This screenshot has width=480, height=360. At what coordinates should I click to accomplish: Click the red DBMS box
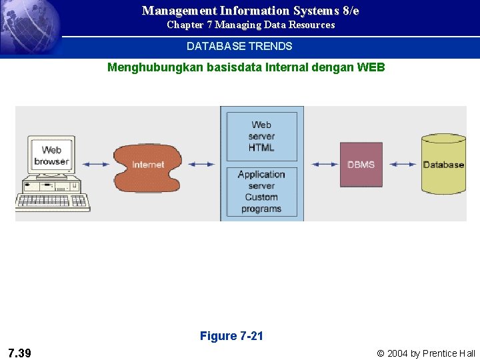361,164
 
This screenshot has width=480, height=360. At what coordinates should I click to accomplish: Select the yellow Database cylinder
443,165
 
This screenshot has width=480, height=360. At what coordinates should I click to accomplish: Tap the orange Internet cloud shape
147,165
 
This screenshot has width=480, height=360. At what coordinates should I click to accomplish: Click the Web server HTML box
261,136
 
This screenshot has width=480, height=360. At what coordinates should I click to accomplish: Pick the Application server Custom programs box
261,191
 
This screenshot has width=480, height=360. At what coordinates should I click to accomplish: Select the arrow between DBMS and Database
403,164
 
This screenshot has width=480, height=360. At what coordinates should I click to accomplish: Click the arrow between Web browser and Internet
96,164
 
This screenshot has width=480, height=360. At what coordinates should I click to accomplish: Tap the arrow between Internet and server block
201,164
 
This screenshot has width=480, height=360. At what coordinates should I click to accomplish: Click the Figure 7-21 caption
231,336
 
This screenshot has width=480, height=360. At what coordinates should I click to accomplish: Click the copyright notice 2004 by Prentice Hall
426,353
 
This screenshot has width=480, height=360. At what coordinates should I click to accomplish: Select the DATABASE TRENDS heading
239,46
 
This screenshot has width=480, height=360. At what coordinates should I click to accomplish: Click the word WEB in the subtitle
371,67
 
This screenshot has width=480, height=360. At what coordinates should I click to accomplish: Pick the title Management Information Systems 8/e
250,11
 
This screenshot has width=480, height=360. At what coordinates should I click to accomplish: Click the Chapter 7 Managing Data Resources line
251,25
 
